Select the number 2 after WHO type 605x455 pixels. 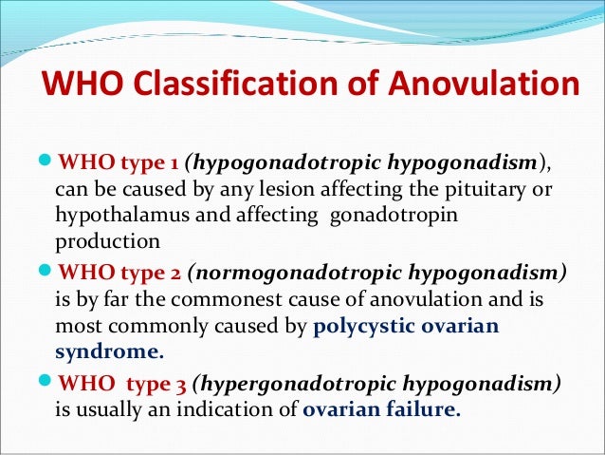coord(175,274)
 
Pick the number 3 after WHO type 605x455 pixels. coord(180,388)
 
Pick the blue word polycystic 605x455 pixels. coord(361,327)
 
